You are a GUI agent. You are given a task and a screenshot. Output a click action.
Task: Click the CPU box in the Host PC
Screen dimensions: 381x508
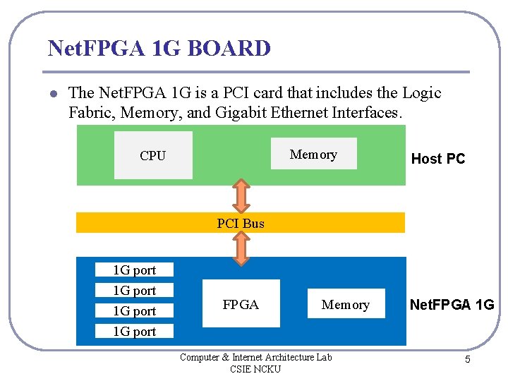tap(153, 155)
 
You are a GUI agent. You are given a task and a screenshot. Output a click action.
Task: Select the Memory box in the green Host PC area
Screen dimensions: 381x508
tap(313, 154)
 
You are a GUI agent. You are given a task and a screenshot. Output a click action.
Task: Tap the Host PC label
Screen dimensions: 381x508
tap(438, 159)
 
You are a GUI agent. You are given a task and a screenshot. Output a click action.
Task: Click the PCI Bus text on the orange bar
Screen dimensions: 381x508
tap(241, 224)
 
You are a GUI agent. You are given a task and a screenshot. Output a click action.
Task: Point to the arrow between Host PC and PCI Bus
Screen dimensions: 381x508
tap(241, 195)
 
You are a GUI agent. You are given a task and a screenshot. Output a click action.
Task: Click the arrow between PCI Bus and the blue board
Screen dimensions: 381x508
tap(241, 248)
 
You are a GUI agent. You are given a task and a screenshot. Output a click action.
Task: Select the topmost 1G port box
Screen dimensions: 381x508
tap(135, 270)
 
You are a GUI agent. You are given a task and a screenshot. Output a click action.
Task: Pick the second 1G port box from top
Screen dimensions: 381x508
tap(135, 290)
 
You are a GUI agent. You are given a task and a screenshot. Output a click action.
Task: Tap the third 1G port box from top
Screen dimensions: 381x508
tap(135, 310)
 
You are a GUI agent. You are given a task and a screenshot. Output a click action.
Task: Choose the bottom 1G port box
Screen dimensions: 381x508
tap(135, 331)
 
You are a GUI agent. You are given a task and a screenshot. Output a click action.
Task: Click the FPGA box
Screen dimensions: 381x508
tap(241, 304)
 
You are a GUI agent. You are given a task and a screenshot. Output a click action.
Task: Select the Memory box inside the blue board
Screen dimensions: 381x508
tap(346, 304)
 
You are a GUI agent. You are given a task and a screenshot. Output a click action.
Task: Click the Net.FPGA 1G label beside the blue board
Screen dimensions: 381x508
tap(452, 305)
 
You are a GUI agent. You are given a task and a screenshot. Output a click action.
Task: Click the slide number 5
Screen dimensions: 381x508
tap(467, 360)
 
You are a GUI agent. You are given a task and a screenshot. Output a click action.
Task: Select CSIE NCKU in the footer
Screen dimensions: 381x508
tap(255, 369)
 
